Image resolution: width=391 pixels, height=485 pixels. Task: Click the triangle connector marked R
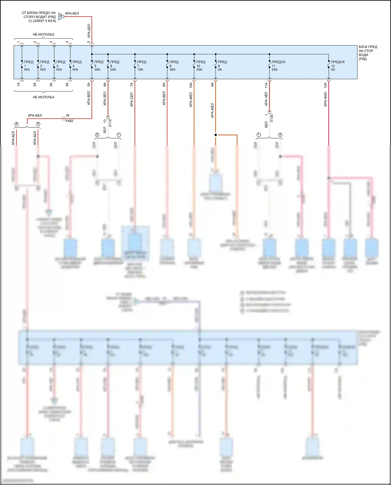point(61,16)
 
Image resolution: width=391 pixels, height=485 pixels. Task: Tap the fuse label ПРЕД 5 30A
point(98,66)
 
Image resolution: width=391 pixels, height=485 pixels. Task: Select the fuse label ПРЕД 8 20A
point(114,66)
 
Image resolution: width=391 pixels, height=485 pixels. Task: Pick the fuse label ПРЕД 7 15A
point(142,66)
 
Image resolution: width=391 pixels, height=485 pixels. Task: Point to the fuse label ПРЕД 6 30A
point(174,66)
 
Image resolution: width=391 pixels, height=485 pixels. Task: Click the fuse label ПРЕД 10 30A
point(200,66)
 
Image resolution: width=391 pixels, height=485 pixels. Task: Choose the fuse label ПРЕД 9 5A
point(222,66)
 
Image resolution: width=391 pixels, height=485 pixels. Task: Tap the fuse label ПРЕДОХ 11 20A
point(278,66)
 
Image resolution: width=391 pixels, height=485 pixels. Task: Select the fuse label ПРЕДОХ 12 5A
point(338,66)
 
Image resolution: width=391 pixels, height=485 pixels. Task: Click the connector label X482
point(69,121)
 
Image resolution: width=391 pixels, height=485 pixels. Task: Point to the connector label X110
point(110,123)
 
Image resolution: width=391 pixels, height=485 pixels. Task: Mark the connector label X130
point(271,118)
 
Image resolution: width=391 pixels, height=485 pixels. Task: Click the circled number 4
point(17,124)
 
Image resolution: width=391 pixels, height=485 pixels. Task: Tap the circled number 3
point(38,124)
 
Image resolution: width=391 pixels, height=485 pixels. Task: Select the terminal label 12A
point(325,85)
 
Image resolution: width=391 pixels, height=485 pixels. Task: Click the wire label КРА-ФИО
point(325,99)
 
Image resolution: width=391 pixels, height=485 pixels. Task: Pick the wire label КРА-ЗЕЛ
point(105,99)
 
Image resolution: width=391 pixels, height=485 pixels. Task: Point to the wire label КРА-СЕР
point(132,100)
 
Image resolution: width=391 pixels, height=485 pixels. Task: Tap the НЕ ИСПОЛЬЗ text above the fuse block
point(43,34)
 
